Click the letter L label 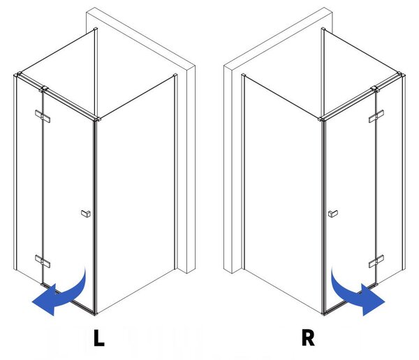pos(98,338)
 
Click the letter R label pos(308,338)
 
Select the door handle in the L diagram pos(86,213)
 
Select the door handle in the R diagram pos(333,213)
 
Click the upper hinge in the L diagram pos(43,116)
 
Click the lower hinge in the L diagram pos(43,261)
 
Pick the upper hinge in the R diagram pos(376,116)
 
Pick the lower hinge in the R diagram pos(376,261)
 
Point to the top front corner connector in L pos(97,118)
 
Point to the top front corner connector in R pos(322,118)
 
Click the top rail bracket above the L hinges pos(43,89)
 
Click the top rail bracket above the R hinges pos(376,89)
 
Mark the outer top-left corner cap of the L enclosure pos(18,74)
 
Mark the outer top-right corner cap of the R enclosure pos(401,74)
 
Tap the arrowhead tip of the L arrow pos(32,302)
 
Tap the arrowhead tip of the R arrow pos(385,302)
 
